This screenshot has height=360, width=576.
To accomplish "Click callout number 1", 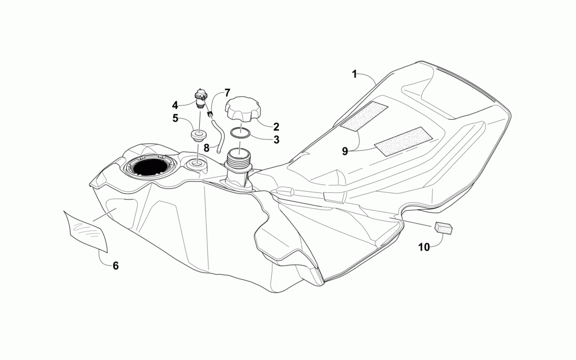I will point(355,74).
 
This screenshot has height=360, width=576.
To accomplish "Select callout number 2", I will point(276,126).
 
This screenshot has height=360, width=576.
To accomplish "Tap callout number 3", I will point(276,139).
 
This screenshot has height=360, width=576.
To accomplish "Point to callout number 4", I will point(175,105).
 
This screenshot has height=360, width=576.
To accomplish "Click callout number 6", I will point(115,266).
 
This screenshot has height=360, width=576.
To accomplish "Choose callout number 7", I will point(227,92).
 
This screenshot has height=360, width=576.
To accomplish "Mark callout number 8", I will point(206,147).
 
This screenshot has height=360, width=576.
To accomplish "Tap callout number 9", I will point(345,151).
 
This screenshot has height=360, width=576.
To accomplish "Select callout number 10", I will point(424,247).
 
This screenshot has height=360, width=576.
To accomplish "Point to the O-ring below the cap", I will point(241,133).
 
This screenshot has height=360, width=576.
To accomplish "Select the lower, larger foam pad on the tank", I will point(403,141).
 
